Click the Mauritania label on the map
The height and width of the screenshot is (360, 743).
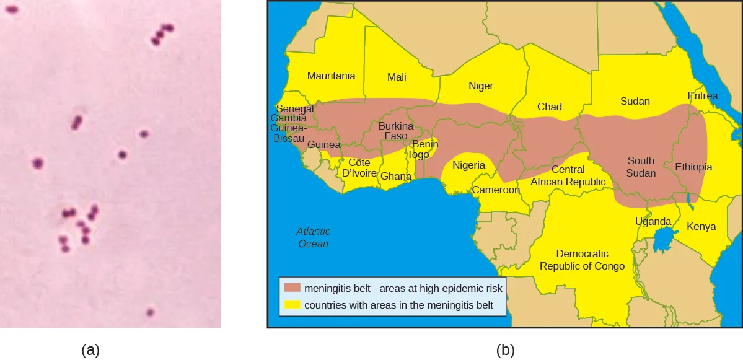coord(332,76)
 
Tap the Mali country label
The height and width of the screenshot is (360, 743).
coord(397,77)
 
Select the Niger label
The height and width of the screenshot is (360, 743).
coord(481,86)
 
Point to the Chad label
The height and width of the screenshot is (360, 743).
coord(550,107)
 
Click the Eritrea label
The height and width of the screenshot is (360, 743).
coord(703,96)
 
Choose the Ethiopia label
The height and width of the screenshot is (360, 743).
coord(693,167)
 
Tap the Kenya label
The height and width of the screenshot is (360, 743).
coord(701,227)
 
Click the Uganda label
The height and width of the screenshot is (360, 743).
coord(653,222)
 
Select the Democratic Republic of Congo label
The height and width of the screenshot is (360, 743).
coord(582,260)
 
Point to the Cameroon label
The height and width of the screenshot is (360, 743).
coord(496,190)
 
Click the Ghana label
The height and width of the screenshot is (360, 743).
coord(396,177)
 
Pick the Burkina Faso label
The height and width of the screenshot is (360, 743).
coord(396,131)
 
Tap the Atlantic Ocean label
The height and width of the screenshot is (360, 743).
coord(314,237)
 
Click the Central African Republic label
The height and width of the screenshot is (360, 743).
coord(568,176)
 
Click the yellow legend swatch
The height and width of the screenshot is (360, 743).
coord(292,305)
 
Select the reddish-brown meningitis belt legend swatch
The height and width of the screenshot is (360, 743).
coord(292,288)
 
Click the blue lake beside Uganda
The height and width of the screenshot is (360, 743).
coord(665,240)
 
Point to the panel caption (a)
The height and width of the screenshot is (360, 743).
coord(90,350)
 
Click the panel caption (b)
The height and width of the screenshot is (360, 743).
coord(505,350)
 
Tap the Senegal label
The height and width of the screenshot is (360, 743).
coord(295,109)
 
